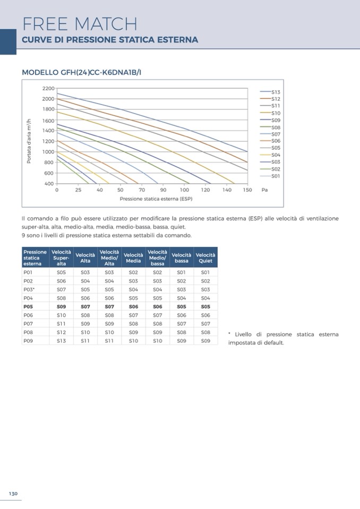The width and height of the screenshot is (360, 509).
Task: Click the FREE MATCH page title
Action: pyautogui.click(x=80, y=23)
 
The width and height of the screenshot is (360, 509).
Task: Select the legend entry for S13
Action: pyautogui.click(x=276, y=92)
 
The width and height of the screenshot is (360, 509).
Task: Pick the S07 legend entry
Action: pyautogui.click(x=276, y=134)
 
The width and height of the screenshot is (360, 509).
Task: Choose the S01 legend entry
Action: pyautogui.click(x=276, y=176)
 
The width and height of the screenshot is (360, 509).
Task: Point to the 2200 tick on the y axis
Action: pyautogui.click(x=48, y=88)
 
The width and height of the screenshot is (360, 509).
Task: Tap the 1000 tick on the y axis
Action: pyautogui.click(x=48, y=152)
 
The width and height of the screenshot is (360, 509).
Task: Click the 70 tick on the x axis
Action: pyautogui.click(x=142, y=189)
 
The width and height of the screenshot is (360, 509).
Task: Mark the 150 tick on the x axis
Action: pyautogui.click(x=247, y=189)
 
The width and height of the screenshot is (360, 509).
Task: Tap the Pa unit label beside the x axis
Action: pyautogui.click(x=264, y=189)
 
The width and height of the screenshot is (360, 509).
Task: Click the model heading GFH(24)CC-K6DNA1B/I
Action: pyautogui.click(x=81, y=72)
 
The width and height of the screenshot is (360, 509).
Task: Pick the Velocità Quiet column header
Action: pyautogui.click(x=205, y=257)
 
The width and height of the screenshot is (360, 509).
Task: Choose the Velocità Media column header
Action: pyautogui.click(x=133, y=257)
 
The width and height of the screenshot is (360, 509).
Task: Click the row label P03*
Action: pyautogui.click(x=29, y=289)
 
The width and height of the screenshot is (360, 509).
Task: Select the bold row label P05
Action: pyautogui.click(x=28, y=306)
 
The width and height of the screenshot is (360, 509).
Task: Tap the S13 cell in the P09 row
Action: pyautogui.click(x=62, y=340)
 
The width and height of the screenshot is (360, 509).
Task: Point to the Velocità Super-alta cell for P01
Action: pyautogui.click(x=62, y=272)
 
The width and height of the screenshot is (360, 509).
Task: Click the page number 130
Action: pyautogui.click(x=13, y=494)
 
